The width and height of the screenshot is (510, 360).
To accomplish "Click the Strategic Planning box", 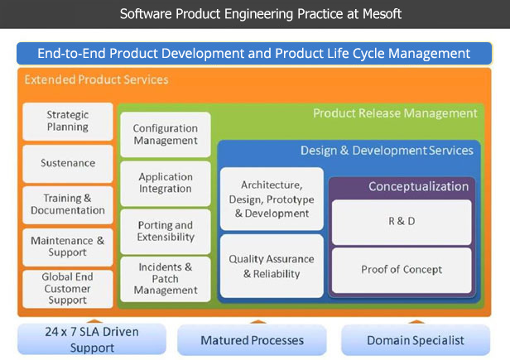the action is click(68, 122).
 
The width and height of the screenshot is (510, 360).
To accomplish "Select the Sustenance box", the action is click(68, 163).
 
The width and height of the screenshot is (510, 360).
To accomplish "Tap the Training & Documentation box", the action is click(68, 205).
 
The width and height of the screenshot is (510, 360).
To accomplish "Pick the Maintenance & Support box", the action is click(68, 247).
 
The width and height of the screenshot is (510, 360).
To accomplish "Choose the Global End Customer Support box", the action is click(68, 289).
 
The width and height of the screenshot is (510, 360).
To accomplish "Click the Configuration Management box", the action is click(166, 135).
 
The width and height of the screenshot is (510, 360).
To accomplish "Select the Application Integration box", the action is click(166, 184).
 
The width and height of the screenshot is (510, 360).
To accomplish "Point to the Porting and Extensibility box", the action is click(166, 232).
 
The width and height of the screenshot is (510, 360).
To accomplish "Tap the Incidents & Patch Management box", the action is click(166, 279).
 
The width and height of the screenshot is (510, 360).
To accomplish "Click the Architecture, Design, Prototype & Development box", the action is click(272, 199).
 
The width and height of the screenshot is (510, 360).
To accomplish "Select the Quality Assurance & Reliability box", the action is click(272, 266).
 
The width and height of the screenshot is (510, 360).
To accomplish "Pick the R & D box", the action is click(402, 222).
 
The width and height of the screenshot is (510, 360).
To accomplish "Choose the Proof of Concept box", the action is click(402, 271).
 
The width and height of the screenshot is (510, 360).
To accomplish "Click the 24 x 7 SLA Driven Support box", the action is click(92, 339).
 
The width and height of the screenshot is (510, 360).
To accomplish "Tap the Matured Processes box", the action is click(252, 340).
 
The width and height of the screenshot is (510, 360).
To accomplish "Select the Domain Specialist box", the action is click(416, 340).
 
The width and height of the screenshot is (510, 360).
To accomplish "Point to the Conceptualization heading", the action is click(419, 187).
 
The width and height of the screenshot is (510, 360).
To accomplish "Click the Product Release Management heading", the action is click(395, 113).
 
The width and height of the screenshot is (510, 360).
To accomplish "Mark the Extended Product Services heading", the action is click(96, 79).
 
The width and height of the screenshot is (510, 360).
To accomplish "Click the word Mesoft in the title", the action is click(382, 14).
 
